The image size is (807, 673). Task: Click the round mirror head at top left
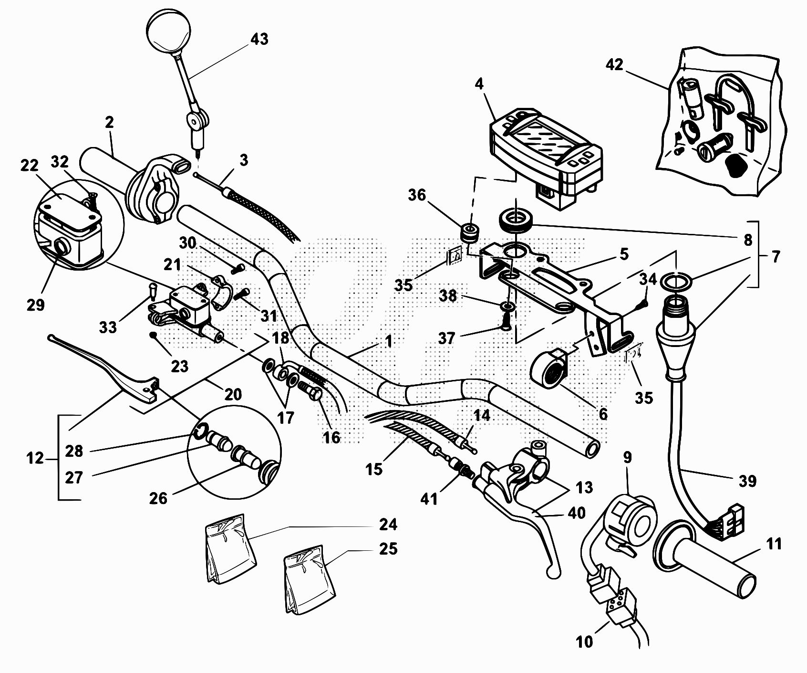(168, 32)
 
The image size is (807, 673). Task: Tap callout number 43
(259, 39)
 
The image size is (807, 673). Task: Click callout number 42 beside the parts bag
(615, 64)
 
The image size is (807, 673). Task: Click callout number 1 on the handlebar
(389, 341)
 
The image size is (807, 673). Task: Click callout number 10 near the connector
(584, 642)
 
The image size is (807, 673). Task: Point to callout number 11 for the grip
(774, 544)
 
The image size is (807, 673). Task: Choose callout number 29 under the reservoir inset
(36, 305)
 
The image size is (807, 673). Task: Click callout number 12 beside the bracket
(36, 458)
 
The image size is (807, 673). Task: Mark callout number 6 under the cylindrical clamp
(603, 414)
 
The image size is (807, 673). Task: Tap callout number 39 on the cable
(747, 481)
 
